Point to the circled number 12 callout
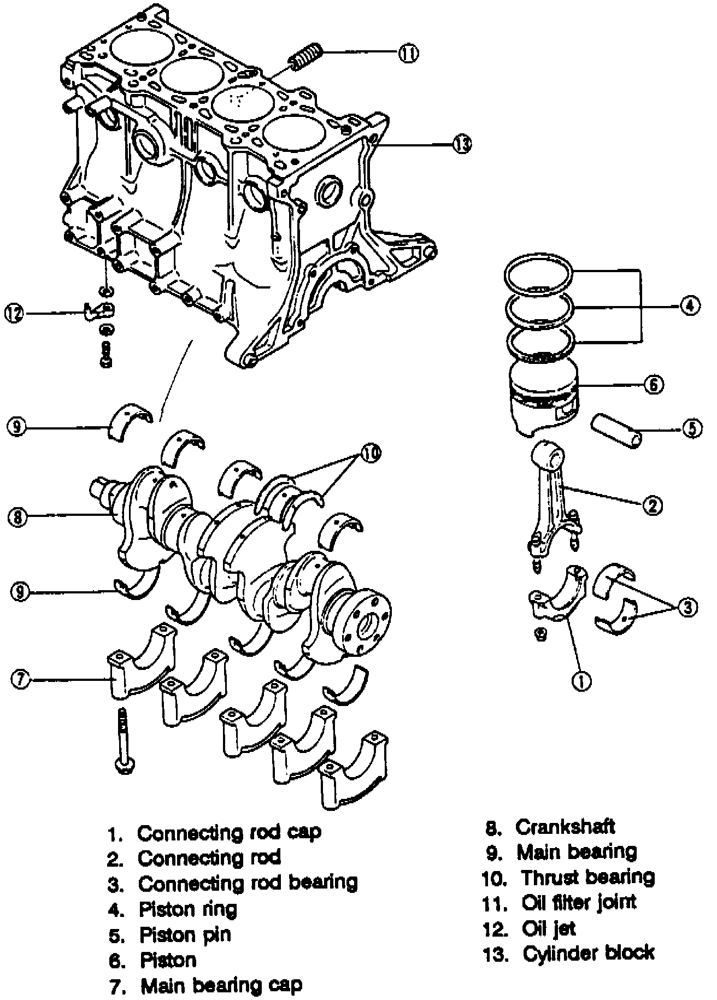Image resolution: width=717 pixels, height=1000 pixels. (x=14, y=313)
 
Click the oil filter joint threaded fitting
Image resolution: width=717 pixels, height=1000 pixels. (x=306, y=57)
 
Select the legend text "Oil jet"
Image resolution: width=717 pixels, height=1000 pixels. (x=549, y=928)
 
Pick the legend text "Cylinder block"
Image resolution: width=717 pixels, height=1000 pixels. (x=589, y=953)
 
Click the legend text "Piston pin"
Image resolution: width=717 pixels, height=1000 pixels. (x=185, y=934)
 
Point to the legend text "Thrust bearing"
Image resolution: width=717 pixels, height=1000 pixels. (x=588, y=877)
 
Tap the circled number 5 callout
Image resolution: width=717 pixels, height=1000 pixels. (x=692, y=428)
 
